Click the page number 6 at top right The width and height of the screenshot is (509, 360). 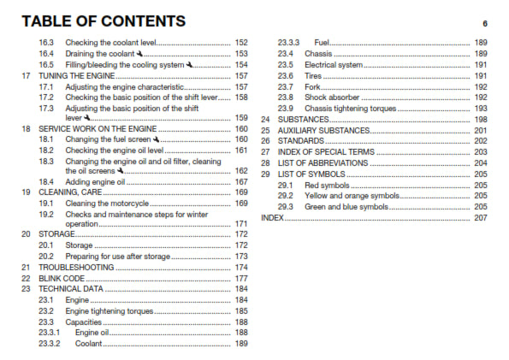pos(484,23)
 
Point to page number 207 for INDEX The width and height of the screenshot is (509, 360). pos(480,218)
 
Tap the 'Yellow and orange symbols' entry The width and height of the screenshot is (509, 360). pos(352,196)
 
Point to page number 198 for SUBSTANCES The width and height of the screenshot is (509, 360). pos(480,119)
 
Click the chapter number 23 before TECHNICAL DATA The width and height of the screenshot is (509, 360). pos(27,289)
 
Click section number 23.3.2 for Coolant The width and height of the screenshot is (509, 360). pos(50,343)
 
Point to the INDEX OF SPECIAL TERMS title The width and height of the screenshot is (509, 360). pos(330,151)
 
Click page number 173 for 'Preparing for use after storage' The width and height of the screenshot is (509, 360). pos(241,257)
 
